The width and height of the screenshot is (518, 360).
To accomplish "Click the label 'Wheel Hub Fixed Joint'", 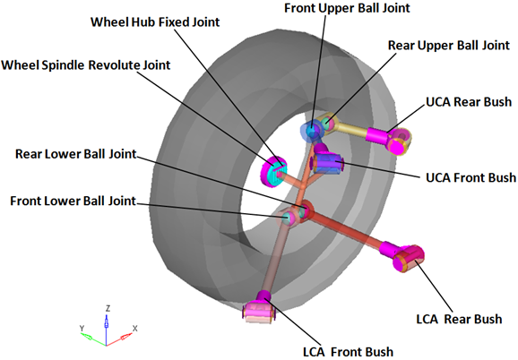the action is point(155,22).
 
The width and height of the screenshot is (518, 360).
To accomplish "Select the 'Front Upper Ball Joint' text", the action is point(347,8).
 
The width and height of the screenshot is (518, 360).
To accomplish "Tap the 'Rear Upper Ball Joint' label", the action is point(449,45).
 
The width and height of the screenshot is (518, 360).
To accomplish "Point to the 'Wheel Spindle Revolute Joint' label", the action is point(86,65).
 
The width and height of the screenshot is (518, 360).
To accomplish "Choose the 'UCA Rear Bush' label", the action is point(469,102).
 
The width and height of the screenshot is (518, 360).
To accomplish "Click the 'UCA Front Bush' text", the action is point(471,177).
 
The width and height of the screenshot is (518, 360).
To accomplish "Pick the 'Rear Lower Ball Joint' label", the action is point(76,154).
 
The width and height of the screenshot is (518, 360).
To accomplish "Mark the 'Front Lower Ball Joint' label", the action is point(73,201).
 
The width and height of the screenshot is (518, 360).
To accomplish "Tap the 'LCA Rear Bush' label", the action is point(459,319).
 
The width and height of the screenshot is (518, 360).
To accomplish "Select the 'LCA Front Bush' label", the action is point(349,352).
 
